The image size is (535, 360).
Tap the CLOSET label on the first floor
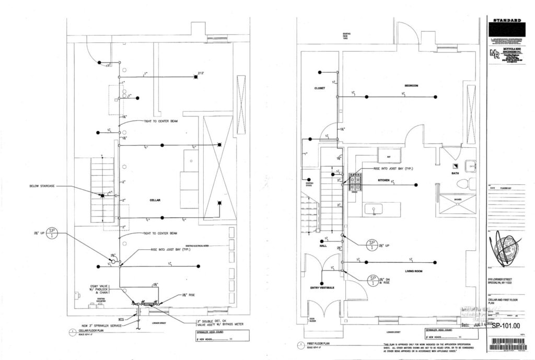pyautogui.click(x=319, y=88)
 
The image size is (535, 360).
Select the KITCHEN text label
pyautogui.click(x=385, y=180)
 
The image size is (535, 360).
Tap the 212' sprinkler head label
pyautogui.click(x=200, y=73)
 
